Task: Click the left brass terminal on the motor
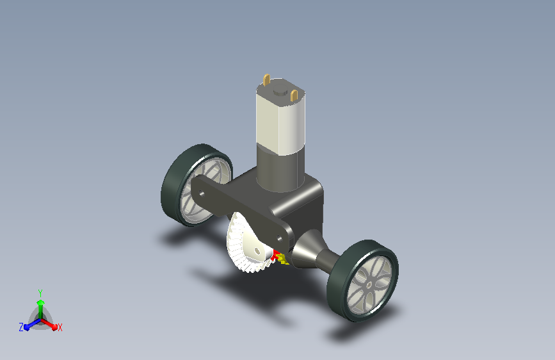coord(266,79)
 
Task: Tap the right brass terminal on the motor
coord(294,95)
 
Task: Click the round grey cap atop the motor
coord(280,90)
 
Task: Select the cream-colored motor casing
coord(280,117)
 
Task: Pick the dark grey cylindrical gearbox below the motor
coord(280,170)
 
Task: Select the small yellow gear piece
coord(283,259)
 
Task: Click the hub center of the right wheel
coord(369,284)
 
